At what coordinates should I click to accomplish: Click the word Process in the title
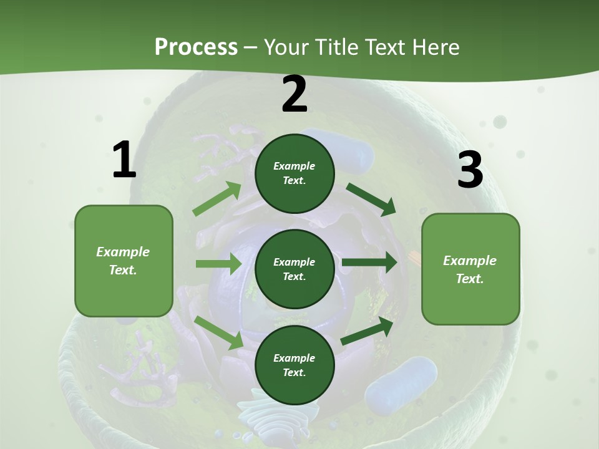[196, 47]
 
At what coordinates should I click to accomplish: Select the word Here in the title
[435, 47]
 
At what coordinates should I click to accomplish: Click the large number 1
[124, 160]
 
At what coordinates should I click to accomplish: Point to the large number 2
[295, 94]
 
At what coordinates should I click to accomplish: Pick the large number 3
[470, 170]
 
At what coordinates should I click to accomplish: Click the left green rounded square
[124, 261]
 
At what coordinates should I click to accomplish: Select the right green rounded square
[470, 269]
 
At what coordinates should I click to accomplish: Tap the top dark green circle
[295, 173]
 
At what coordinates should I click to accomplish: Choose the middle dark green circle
[295, 269]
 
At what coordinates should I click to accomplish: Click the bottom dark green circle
[295, 365]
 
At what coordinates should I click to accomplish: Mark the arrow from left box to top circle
[217, 199]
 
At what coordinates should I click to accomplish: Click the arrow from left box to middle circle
[218, 264]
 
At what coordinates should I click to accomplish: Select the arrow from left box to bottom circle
[219, 332]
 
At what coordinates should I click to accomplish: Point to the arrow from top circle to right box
[371, 199]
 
